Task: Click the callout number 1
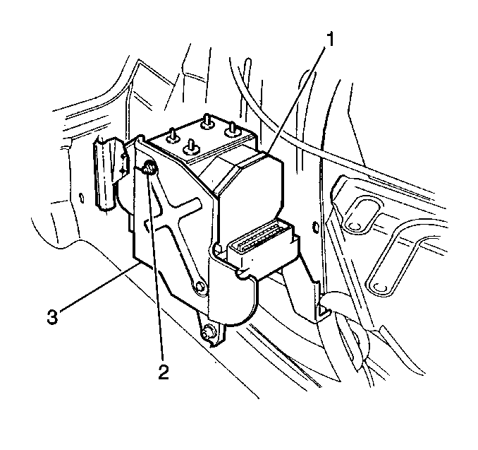pyautogui.click(x=330, y=40)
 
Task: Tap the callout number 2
pyautogui.click(x=164, y=372)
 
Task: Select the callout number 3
pyautogui.click(x=52, y=316)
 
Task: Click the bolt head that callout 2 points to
pyautogui.click(x=149, y=167)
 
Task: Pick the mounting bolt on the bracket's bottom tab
pyautogui.click(x=207, y=331)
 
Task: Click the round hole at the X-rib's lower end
pyautogui.click(x=200, y=288)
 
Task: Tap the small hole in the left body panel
pyautogui.click(x=81, y=197)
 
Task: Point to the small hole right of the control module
pyautogui.click(x=316, y=227)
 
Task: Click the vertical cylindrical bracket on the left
pyautogui.click(x=105, y=174)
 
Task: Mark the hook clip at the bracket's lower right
pyautogui.click(x=324, y=311)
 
